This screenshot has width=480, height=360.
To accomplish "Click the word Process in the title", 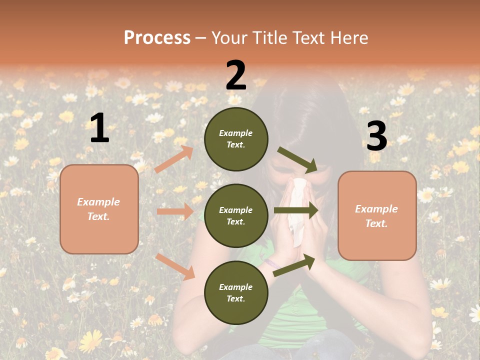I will coord(157,37).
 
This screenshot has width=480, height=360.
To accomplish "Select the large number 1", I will coord(99,128).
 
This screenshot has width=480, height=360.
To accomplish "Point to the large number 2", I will coord(236,75).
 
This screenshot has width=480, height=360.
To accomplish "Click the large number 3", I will coord(376,136).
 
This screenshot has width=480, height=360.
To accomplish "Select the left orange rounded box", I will coord(99,209).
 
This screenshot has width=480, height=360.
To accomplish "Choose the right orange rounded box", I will coord(377,216).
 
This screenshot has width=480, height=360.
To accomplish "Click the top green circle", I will coord(236,139).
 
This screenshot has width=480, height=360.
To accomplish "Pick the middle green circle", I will coord(236,215).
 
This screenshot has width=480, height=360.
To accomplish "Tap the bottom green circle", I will coord(236,292).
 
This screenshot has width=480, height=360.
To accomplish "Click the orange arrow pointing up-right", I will coord(174,159).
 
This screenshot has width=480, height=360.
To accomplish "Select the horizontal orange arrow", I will coord(175,211).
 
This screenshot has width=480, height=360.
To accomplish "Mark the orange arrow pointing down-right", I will coord(175,266).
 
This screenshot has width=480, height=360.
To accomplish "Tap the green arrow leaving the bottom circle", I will coord(294,265).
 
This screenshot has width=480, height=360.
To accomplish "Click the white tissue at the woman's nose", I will coord(299,210).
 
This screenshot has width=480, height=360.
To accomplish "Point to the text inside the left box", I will coord(99,209).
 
